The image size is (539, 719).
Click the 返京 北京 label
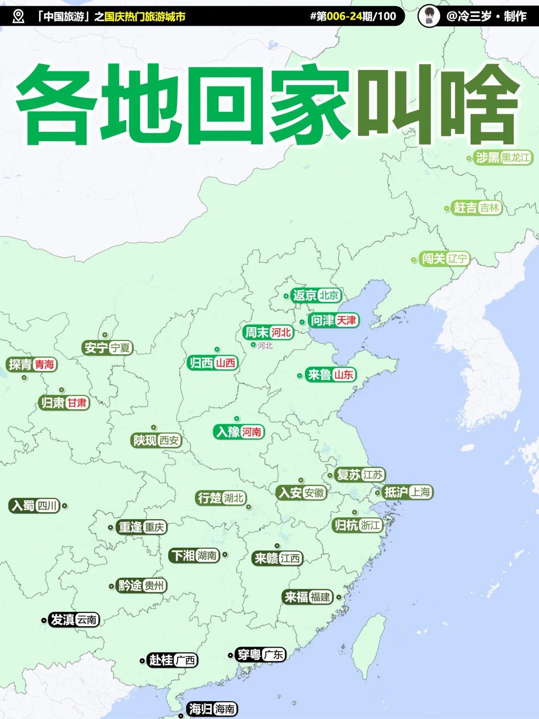tap(316, 296)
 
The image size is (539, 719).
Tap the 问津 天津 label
tap(333, 320)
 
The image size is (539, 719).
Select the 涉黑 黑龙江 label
tap(503, 158)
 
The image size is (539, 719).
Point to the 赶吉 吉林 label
tap(477, 208)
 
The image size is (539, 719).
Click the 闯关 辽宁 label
tap(444, 259)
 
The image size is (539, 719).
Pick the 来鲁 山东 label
tap(330, 374)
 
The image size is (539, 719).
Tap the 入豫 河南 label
tap(239, 431)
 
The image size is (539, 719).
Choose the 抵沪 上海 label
tap(407, 492)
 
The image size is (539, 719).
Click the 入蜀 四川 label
tap(34, 506)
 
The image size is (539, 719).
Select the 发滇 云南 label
tap(74, 620)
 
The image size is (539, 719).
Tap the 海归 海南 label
tap(212, 709)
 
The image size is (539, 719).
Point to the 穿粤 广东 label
tap(260, 655)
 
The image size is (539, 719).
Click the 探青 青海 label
tap(31, 364)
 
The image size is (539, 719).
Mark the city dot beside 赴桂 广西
tap(142, 661)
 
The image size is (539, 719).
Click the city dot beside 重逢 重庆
tap(110, 527)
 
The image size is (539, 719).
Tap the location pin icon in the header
tap(18, 16)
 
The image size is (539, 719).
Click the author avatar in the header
tap(429, 16)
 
